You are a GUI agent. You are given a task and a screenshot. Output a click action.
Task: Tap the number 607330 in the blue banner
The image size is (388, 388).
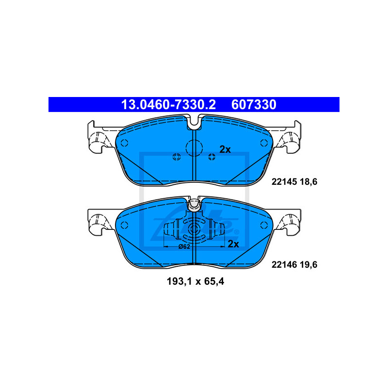pyautogui.click(x=254, y=104)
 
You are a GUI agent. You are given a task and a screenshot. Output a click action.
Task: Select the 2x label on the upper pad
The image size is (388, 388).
pyautogui.click(x=225, y=149)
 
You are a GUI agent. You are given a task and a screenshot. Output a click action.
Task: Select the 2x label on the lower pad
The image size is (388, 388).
pyautogui.click(x=234, y=243)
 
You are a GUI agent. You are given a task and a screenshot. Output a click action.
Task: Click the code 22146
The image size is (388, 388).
pyautogui.click(x=282, y=264)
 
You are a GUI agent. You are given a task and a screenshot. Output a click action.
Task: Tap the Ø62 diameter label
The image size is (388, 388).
pyautogui.click(x=184, y=247)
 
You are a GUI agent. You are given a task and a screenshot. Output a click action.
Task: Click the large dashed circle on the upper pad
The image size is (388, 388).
pyautogui.click(x=194, y=147)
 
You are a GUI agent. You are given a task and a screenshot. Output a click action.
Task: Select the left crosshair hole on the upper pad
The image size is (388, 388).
pyautogui.click(x=177, y=156)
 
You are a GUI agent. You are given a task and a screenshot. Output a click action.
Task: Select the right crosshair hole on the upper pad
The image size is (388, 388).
pyautogui.click(x=211, y=156)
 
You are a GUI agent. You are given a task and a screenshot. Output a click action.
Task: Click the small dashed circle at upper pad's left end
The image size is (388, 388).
pyautogui.click(x=124, y=143)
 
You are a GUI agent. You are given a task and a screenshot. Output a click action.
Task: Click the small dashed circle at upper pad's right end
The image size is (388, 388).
pyautogui.click(x=264, y=143)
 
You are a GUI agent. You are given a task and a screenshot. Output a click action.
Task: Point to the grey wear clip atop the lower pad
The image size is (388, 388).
pyautogui.click(x=194, y=205)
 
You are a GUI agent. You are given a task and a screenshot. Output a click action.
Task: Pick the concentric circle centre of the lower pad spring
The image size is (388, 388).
pyautogui.click(x=194, y=230)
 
